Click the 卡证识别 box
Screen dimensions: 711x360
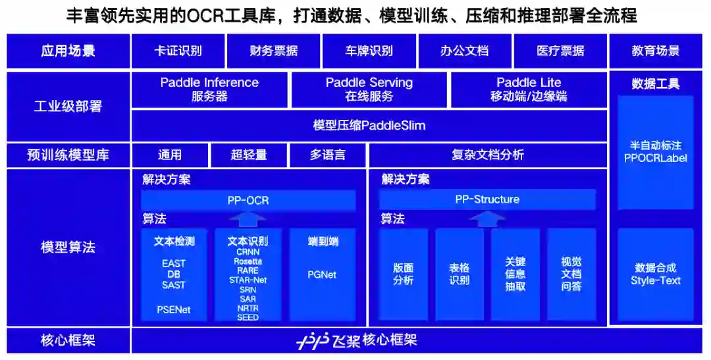(178, 51)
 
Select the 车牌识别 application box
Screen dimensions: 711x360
(369, 51)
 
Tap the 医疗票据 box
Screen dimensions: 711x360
(560, 51)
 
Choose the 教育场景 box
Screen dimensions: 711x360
(655, 51)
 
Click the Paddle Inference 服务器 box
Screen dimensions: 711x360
(209, 90)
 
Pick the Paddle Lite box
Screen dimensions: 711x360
(529, 90)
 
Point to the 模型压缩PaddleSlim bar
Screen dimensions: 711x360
(369, 125)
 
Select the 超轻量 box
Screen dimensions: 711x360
(249, 155)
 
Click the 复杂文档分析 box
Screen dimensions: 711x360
(487, 155)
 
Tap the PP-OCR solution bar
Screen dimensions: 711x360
(248, 200)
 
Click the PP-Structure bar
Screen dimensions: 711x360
(487, 199)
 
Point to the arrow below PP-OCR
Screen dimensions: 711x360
(248, 219)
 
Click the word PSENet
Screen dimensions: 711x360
(174, 309)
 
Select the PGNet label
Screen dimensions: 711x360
(322, 274)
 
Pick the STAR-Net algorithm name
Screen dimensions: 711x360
(248, 280)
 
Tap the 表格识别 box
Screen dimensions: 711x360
(459, 274)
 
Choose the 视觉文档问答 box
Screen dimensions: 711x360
(571, 274)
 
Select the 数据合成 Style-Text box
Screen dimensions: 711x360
(655, 274)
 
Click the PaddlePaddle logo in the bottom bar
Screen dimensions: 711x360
(311, 341)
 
